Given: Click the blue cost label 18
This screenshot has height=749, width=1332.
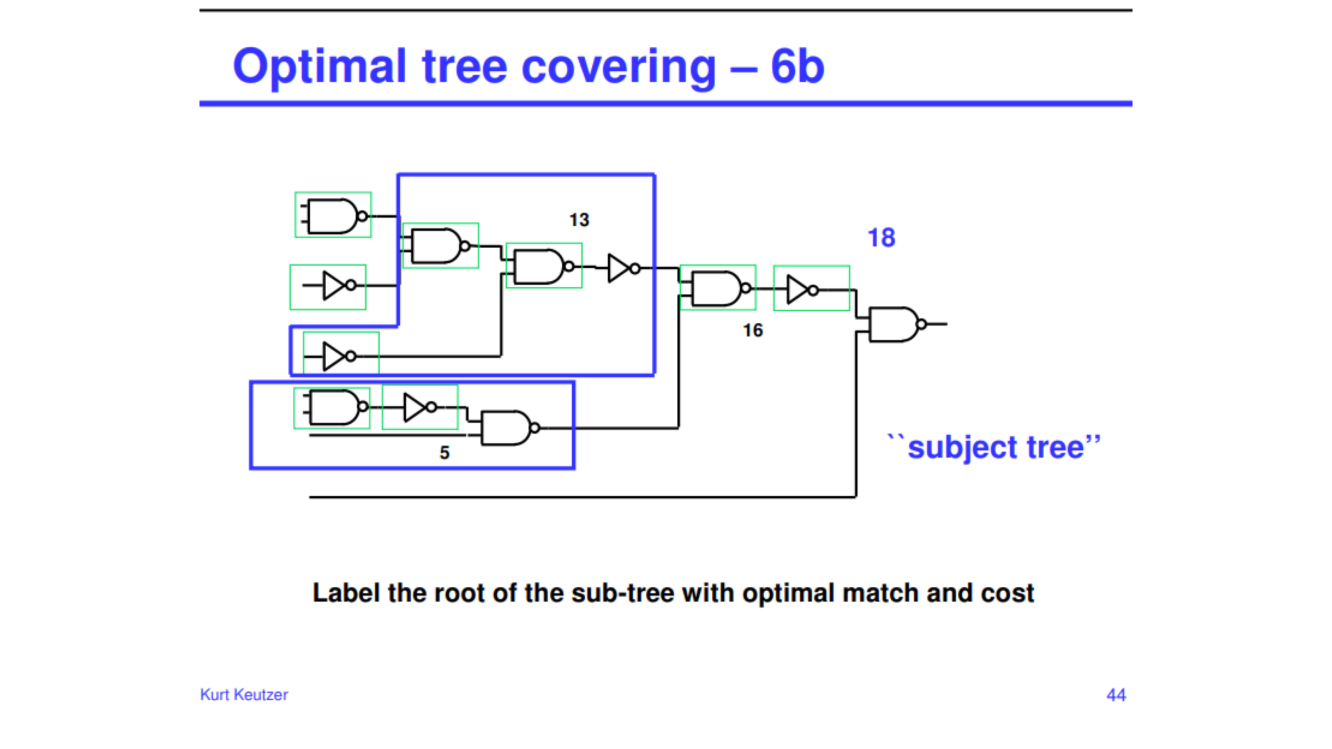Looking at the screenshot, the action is pos(881,238).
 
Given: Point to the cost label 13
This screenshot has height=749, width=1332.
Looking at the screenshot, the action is pos(579,220).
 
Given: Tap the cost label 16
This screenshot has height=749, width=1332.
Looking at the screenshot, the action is pos(753,330).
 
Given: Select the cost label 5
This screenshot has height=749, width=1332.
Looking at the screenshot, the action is pos(445,453).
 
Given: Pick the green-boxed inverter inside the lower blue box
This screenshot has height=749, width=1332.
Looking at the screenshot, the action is pos(420,407).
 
